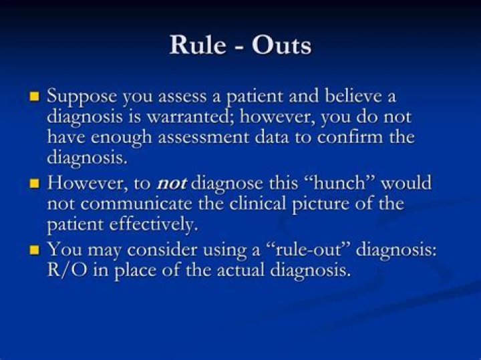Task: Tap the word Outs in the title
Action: (281, 45)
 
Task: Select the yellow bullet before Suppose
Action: (35, 97)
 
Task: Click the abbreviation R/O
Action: (67, 272)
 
